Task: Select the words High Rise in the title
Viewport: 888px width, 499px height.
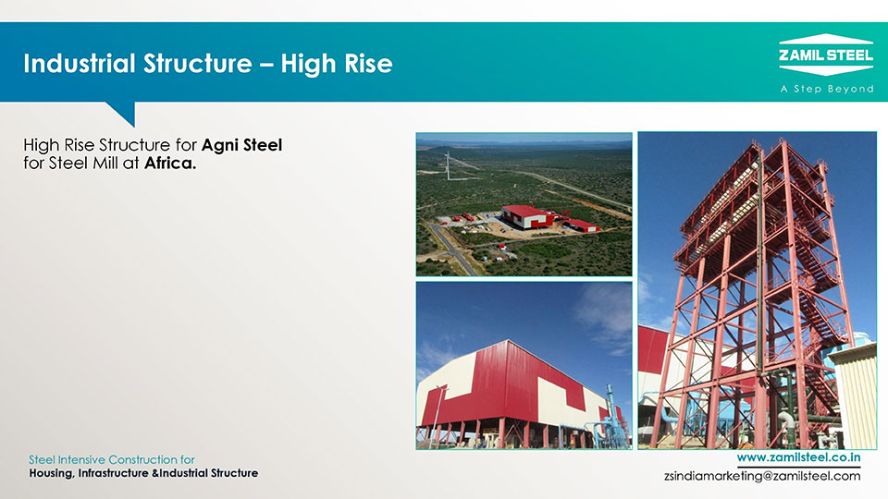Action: (x=337, y=64)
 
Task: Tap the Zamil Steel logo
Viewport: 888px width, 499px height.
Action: (x=826, y=55)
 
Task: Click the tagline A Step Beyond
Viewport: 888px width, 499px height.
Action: (x=827, y=89)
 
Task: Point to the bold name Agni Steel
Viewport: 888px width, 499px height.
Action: (x=241, y=145)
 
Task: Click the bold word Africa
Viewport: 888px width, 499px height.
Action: (x=170, y=164)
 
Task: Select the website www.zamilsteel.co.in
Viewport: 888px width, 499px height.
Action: (x=798, y=457)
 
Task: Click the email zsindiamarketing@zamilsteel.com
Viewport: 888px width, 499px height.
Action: (x=762, y=476)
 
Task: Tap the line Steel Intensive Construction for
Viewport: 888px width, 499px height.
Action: (x=112, y=459)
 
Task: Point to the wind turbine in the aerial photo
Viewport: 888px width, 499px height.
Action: (x=448, y=165)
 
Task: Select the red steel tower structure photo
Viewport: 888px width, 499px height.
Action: (x=758, y=291)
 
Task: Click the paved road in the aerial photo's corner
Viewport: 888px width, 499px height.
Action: (x=451, y=248)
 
